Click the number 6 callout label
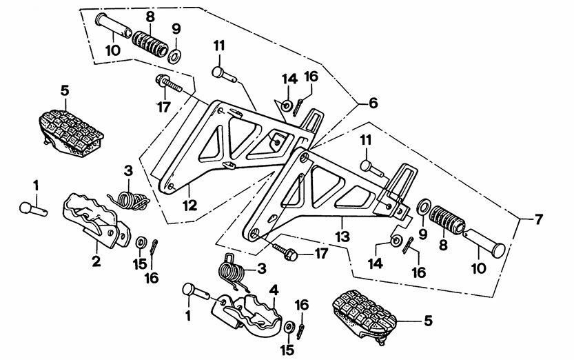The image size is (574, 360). [x=373, y=103]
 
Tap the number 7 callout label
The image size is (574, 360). [x=538, y=220]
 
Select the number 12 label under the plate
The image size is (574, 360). [x=190, y=206]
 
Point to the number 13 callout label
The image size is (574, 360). [x=342, y=237]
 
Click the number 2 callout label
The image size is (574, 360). [x=96, y=261]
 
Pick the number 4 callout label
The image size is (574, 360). [x=274, y=291]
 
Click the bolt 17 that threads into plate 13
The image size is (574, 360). [x=285, y=251]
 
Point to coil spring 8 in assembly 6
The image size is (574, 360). [x=150, y=43]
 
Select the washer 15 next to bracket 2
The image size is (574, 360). [x=140, y=242]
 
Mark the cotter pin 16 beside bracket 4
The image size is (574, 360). [x=301, y=331]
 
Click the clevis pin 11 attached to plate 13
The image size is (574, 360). [x=372, y=168]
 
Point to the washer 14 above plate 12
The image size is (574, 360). [x=286, y=105]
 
